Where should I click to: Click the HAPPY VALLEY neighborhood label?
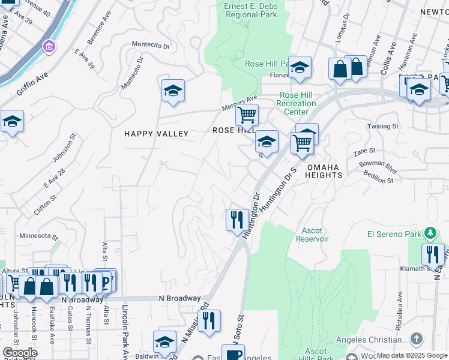click(x=156, y=134)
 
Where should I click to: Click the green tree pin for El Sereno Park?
click(x=429, y=233)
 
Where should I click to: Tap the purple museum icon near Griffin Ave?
click(x=49, y=46)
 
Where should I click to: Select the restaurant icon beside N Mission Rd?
click(x=209, y=320)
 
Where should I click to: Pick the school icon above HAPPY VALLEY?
click(x=173, y=91)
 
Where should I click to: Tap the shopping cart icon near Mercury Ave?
click(x=246, y=114)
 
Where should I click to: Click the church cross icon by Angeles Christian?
click(x=417, y=340)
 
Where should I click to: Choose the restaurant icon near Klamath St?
click(x=432, y=254)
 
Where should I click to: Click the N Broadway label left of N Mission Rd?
click(x=179, y=298)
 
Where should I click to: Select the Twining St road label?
click(x=383, y=127)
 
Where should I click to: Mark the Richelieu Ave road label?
click(x=399, y=307)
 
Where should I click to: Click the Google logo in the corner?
click(x=19, y=353)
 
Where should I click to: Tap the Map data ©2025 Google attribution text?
click(x=411, y=355)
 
